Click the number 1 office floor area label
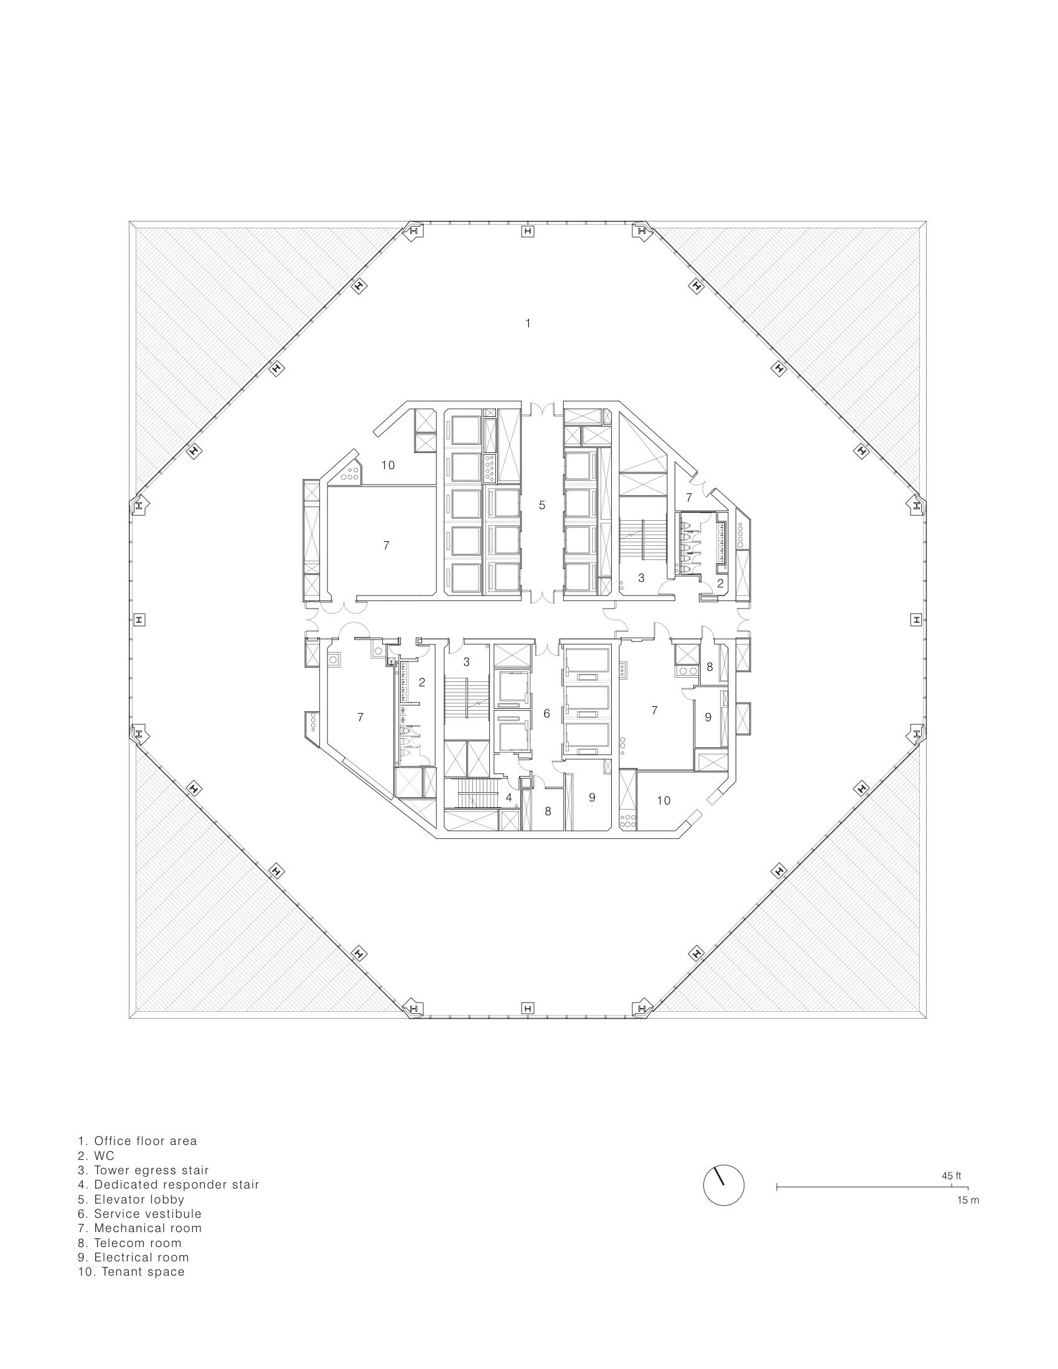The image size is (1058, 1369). pyautogui.click(x=528, y=324)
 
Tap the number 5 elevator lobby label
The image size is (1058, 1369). pyautogui.click(x=542, y=505)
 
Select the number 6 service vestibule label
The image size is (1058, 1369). pyautogui.click(x=546, y=713)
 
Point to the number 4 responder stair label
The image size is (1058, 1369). pyautogui.click(x=509, y=797)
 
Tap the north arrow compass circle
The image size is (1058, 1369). pyautogui.click(x=723, y=1185)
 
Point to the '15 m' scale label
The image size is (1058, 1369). pyautogui.click(x=968, y=1200)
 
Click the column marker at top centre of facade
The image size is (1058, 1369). pyautogui.click(x=528, y=232)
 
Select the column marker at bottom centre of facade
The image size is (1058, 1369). pyautogui.click(x=528, y=1008)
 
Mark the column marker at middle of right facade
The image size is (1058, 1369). pyautogui.click(x=916, y=619)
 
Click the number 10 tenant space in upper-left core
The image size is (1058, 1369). pyautogui.click(x=388, y=465)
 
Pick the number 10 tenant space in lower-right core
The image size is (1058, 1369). pyautogui.click(x=663, y=800)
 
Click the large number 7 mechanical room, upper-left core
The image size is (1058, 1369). pyautogui.click(x=386, y=545)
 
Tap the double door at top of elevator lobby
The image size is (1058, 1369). pyautogui.click(x=542, y=409)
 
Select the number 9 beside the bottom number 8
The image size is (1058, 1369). pyautogui.click(x=592, y=797)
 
